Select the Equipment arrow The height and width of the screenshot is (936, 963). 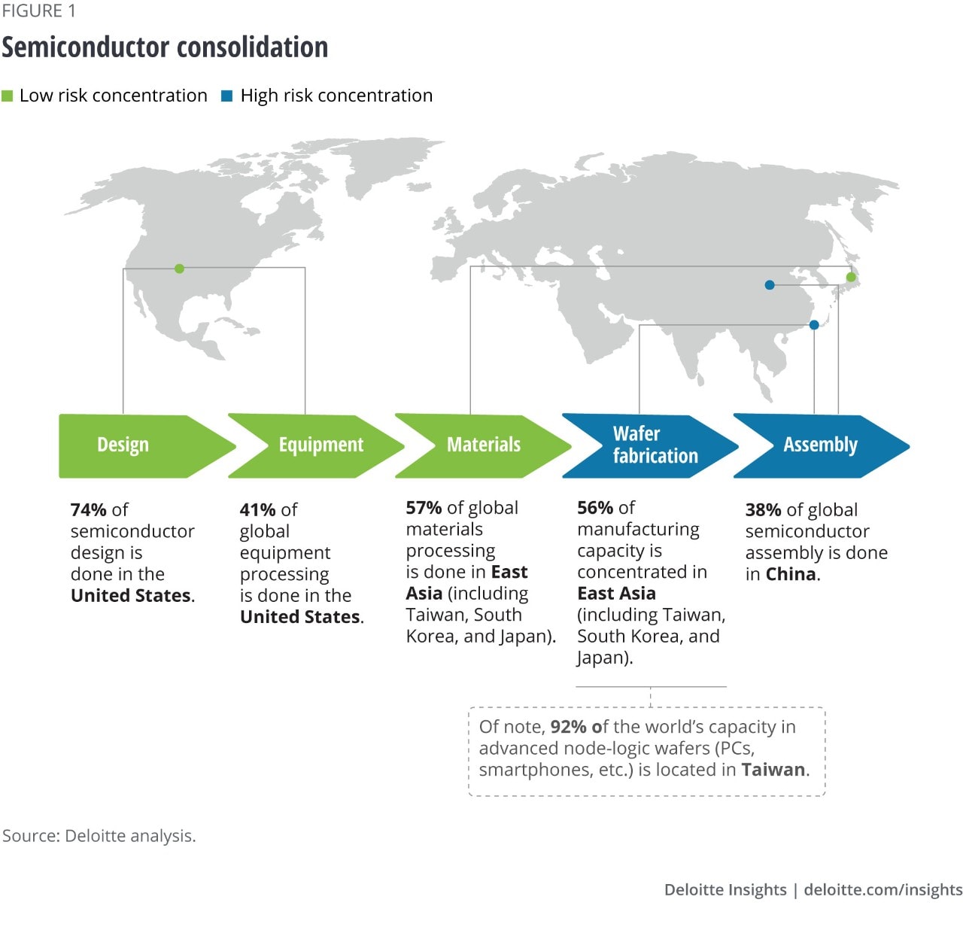317,445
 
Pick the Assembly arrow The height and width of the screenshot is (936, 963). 822,445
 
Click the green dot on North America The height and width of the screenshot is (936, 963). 179,269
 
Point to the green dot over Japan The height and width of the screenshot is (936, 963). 851,277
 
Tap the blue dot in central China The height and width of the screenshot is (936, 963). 769,284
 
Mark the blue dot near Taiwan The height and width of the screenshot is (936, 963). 814,325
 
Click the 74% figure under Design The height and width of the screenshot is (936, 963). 89,509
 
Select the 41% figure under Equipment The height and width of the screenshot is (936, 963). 258,509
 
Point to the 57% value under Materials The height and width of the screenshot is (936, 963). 424,507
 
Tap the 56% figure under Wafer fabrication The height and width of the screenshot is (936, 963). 595,507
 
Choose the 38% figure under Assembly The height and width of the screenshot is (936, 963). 764,509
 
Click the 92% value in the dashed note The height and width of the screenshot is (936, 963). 569,727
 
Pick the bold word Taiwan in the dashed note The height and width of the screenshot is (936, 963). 773,770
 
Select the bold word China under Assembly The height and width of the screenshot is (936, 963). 791,574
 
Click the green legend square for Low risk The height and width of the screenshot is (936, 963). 7,96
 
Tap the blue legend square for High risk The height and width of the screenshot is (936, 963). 226,96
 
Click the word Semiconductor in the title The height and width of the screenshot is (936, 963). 86,47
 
